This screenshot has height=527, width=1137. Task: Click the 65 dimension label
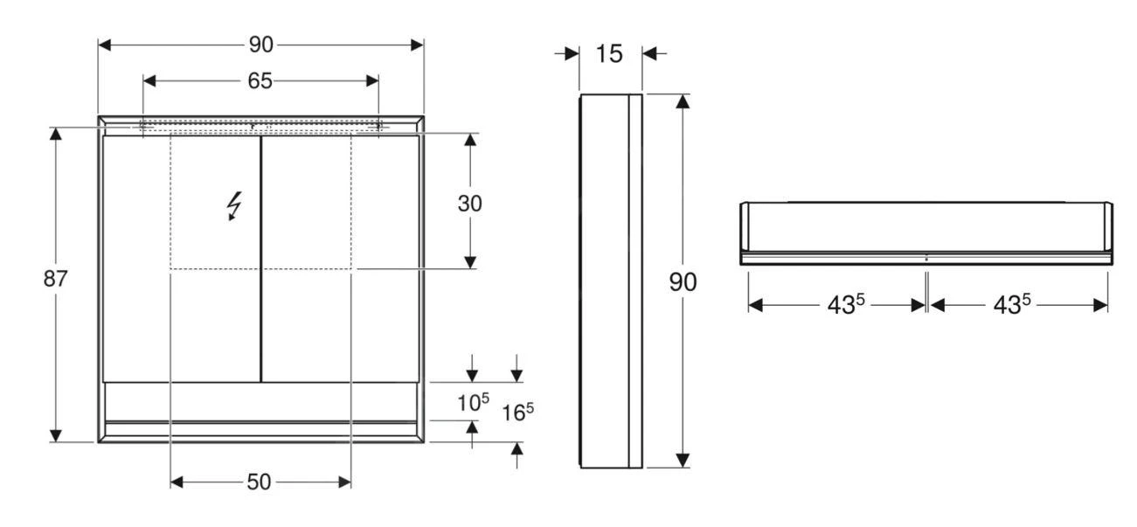click(260, 81)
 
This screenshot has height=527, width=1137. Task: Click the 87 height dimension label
click(56, 280)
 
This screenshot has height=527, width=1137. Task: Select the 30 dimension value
click(470, 204)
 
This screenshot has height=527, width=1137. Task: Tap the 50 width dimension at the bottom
click(259, 482)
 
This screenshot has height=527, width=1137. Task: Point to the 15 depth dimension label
click(609, 54)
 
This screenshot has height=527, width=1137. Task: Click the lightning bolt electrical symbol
click(233, 206)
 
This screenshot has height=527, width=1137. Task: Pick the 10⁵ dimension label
click(473, 403)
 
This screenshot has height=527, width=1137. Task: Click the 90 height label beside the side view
click(683, 283)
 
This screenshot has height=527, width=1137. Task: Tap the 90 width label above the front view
click(260, 45)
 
